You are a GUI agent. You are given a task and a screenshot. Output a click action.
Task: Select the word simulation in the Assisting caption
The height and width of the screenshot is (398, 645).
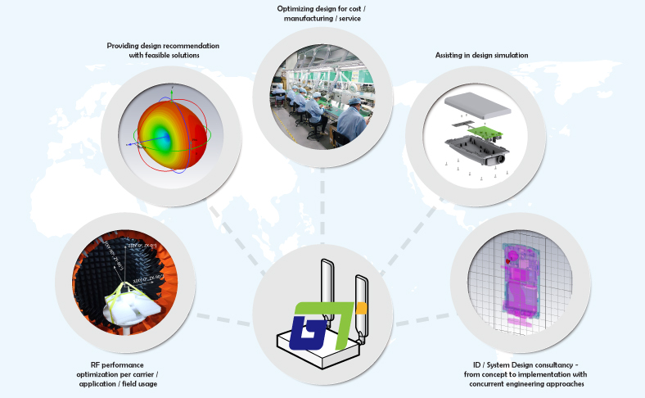508,55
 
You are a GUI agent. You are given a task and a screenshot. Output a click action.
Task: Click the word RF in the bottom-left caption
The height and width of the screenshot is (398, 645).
96,364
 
